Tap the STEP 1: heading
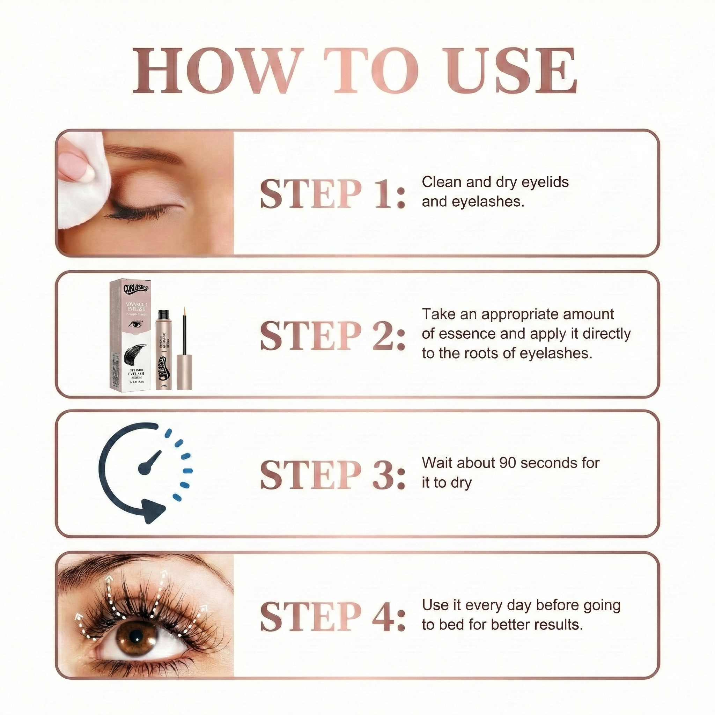pos(332,193)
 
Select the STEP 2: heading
pos(332,335)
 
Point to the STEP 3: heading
pos(332,475)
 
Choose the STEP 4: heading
pos(332,617)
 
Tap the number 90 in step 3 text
pos(508,463)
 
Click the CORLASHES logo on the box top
pos(136,288)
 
